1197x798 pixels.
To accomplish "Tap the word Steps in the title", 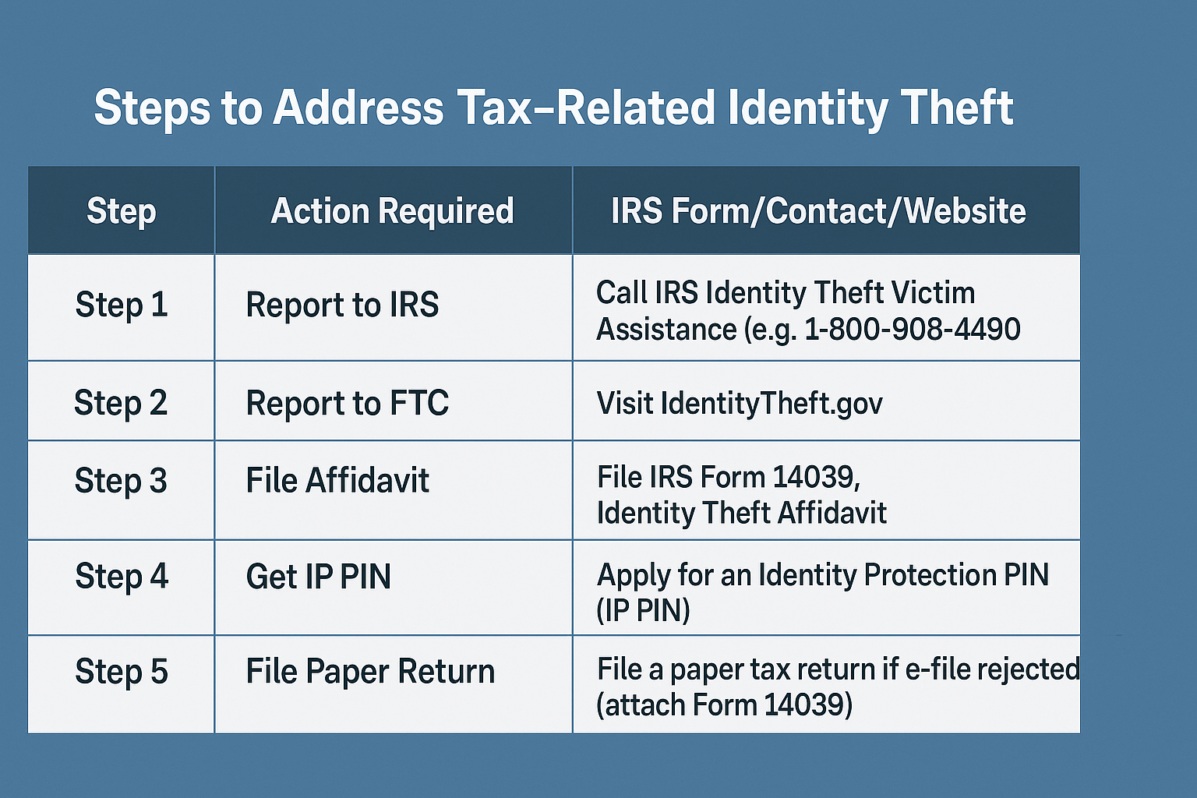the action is [x=152, y=108].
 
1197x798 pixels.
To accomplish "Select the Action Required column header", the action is [x=392, y=210].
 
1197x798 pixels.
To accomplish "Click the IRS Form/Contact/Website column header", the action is [x=818, y=210].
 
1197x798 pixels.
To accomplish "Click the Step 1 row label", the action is [x=122, y=305].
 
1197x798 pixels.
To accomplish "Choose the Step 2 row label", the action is [x=121, y=403].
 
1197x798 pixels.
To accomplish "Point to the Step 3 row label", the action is [x=121, y=481].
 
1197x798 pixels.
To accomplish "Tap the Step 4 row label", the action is [x=122, y=577].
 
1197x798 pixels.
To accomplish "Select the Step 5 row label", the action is [x=122, y=672].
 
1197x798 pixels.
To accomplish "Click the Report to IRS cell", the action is [x=342, y=305].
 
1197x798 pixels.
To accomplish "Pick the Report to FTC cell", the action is [x=348, y=403].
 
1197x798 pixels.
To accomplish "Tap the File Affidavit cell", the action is [x=337, y=479].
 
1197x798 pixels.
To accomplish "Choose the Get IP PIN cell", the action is [x=319, y=577].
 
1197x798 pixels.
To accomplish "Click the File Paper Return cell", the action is [x=370, y=672].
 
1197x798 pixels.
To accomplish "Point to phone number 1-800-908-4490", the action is [x=913, y=329].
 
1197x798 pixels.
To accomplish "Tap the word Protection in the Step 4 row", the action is [x=930, y=575].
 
